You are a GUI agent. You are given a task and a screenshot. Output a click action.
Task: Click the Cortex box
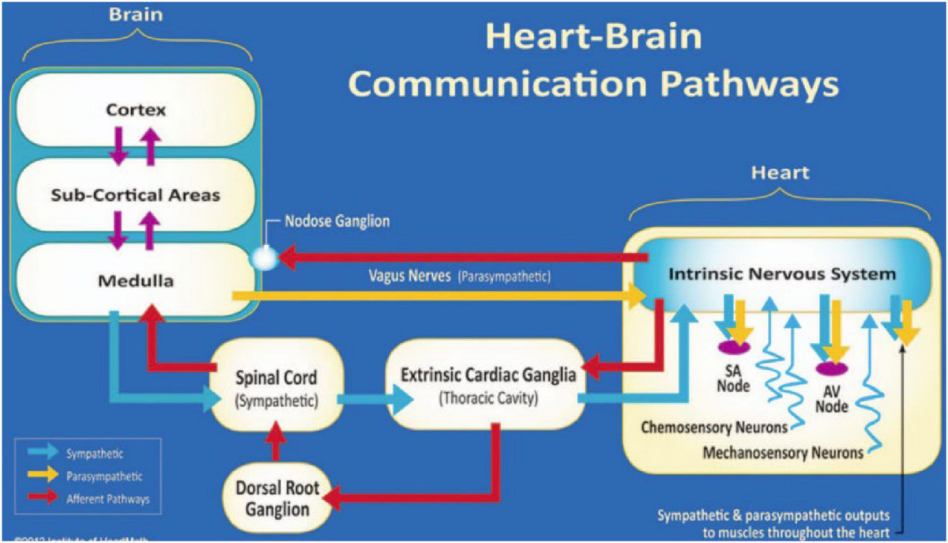coord(136,110)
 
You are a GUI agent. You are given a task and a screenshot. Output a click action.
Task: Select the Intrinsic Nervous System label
coord(782,275)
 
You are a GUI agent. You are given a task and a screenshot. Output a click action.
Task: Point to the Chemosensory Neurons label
coord(714,428)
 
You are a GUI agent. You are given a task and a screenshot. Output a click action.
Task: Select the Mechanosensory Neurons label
coord(781,453)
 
